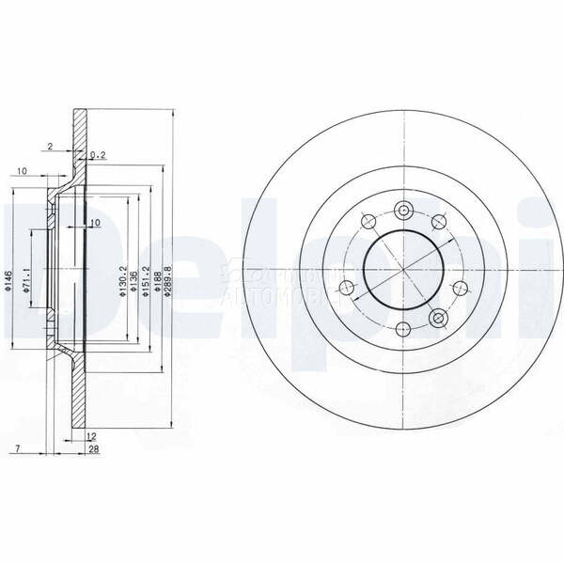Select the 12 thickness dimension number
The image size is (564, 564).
(90, 437)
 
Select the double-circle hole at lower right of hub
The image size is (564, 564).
(437, 321)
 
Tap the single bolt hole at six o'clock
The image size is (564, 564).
(403, 329)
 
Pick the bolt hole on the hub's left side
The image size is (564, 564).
(347, 287)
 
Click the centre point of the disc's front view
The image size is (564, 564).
(403, 269)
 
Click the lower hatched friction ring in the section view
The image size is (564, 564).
(80, 395)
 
